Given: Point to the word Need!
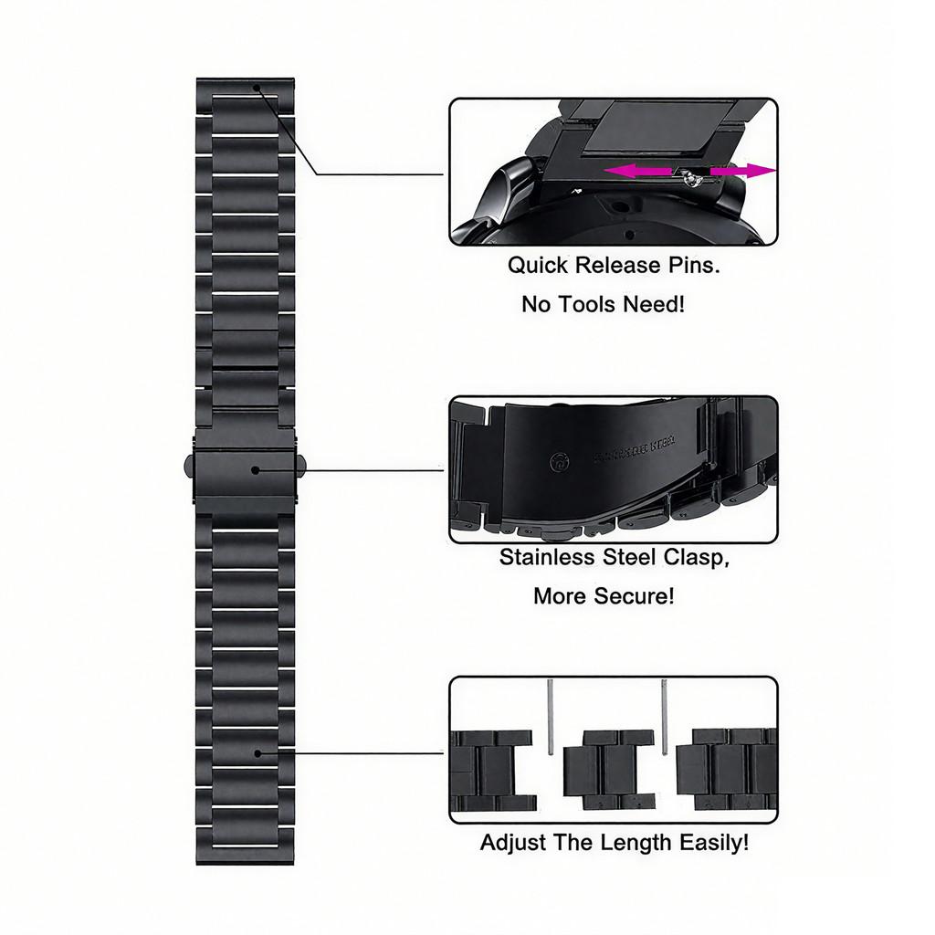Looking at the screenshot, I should (x=653, y=304).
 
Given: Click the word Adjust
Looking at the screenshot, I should (x=513, y=842).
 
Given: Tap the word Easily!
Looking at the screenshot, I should (x=714, y=842).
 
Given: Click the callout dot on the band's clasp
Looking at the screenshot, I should (x=257, y=470).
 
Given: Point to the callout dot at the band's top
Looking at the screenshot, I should (x=257, y=89).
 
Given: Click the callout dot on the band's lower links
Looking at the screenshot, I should (x=257, y=753).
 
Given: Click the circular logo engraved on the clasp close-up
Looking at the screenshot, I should (x=556, y=463).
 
